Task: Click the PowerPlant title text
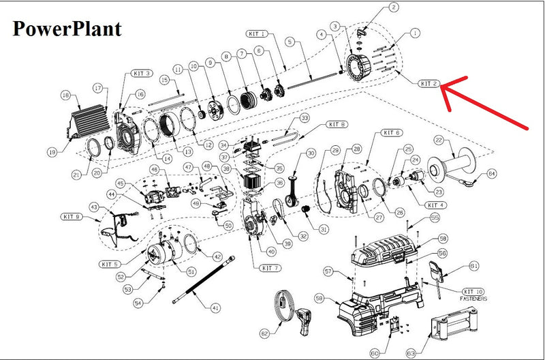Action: point(66,29)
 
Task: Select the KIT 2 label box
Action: point(428,84)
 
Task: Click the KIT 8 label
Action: point(337,124)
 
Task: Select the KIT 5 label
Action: point(110,264)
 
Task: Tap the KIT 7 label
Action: point(268,268)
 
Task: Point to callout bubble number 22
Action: point(439,140)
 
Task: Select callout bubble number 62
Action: point(265,333)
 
